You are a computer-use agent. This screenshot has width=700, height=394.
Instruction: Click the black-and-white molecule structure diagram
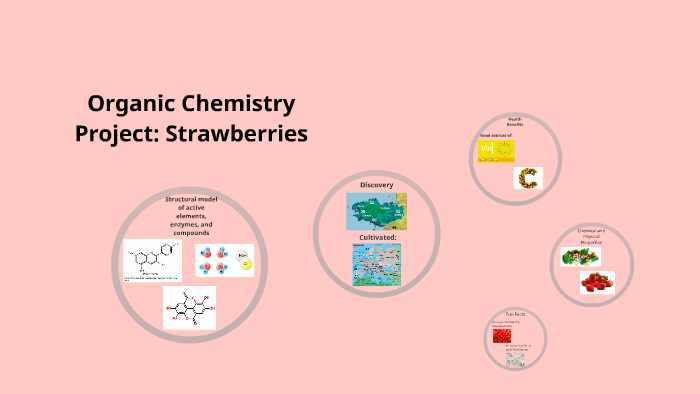(152, 260)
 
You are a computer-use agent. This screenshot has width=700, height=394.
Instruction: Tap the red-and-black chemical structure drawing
(189, 308)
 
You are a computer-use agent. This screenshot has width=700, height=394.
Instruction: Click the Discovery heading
(376, 185)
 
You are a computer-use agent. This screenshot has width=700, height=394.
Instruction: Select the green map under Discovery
(376, 212)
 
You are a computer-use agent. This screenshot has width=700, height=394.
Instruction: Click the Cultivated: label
(377, 237)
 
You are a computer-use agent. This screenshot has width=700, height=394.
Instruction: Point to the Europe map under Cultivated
(376, 265)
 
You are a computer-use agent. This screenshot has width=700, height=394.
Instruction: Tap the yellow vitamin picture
(496, 151)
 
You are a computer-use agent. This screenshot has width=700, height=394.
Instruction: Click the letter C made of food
(527, 179)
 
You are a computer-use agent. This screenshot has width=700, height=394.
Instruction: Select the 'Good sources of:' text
(496, 134)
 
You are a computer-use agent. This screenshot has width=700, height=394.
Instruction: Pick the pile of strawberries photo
(597, 282)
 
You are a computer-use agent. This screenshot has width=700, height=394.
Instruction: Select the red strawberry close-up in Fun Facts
(500, 334)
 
